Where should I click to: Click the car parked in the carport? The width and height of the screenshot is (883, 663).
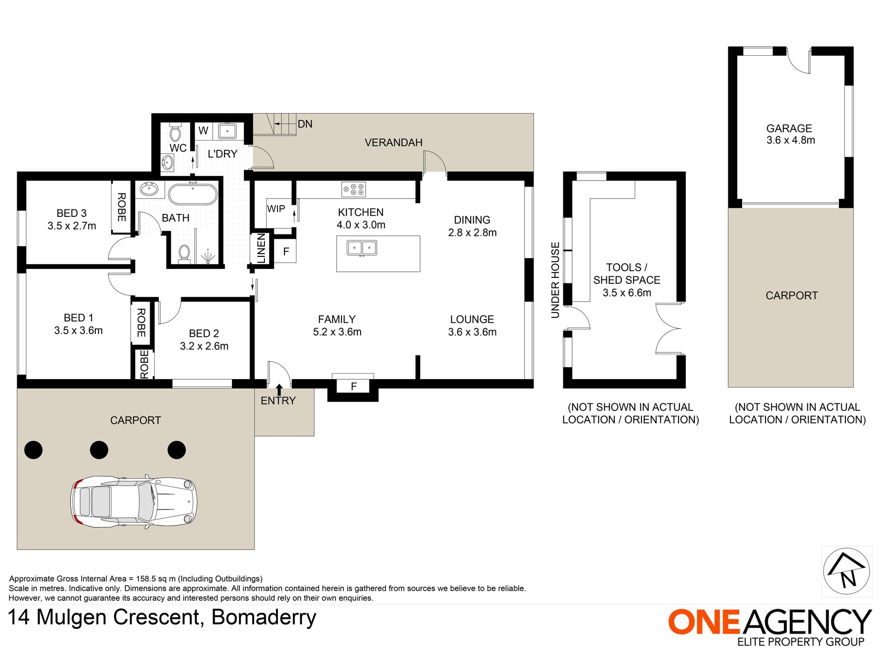(x=134, y=501)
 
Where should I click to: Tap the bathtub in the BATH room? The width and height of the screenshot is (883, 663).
(x=192, y=194)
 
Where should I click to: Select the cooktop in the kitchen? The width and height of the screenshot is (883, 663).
(x=354, y=189)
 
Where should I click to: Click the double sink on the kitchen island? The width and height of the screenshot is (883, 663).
(x=362, y=248)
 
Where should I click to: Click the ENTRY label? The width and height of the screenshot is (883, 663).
(x=278, y=401)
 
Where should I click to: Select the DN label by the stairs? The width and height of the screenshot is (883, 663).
(x=305, y=124)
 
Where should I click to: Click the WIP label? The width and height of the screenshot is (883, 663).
(x=276, y=208)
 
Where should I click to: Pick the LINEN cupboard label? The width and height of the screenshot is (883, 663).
(x=261, y=248)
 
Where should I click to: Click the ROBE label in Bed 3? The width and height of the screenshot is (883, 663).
(x=122, y=207)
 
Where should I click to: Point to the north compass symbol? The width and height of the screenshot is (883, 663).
(x=847, y=571)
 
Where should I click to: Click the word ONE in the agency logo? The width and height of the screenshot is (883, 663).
(x=704, y=622)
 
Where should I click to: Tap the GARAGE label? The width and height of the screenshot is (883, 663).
(x=789, y=128)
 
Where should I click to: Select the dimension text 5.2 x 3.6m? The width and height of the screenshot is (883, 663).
(x=337, y=332)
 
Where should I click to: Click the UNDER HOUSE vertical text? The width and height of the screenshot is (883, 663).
(x=555, y=280)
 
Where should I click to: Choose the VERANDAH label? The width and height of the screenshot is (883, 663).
(x=393, y=142)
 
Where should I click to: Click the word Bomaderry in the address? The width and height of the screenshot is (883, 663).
(x=264, y=617)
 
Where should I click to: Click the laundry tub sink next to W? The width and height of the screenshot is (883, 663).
(x=227, y=131)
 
